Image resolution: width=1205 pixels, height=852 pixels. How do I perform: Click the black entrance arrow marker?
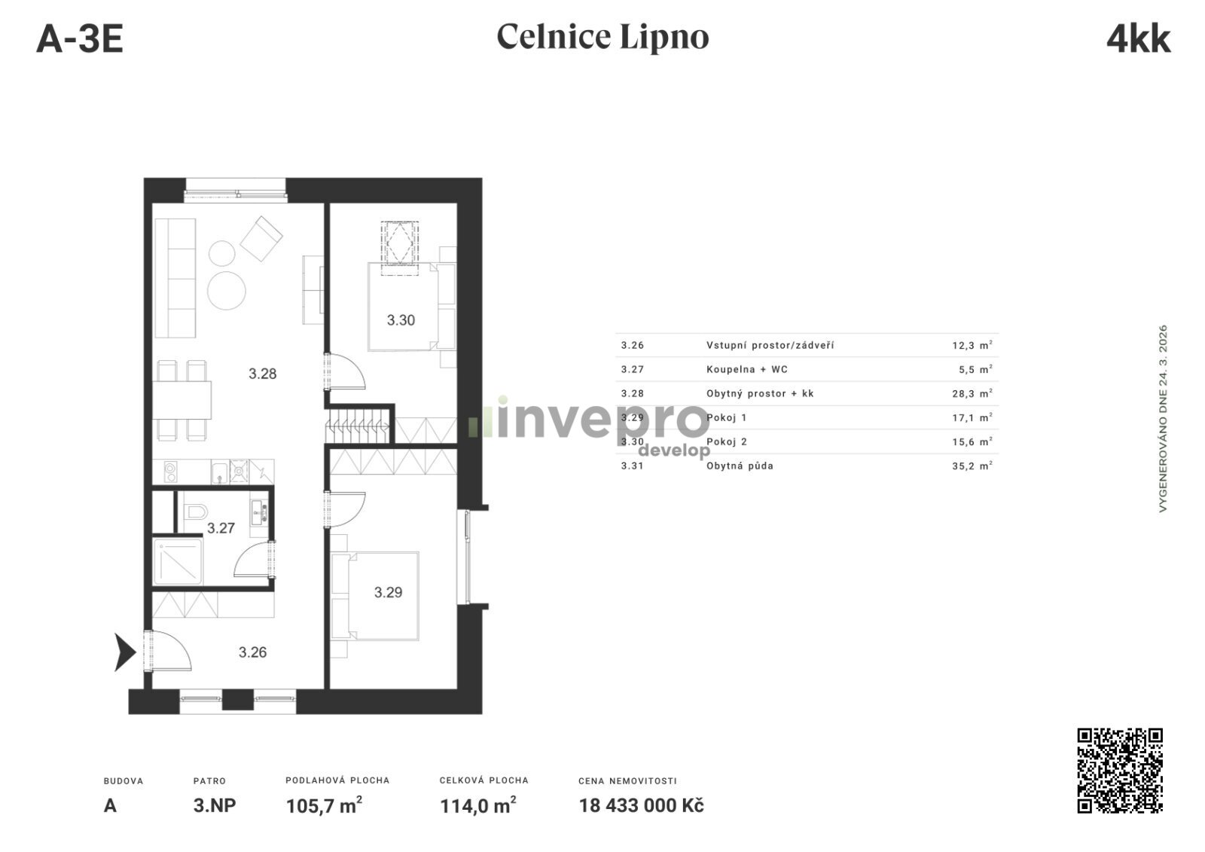pos(124,652)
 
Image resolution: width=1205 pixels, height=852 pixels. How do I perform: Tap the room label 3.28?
pos(263,374)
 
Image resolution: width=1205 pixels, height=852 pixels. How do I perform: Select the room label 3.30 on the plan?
pos(401,320)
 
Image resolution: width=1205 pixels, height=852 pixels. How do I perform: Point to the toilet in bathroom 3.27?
pos(195,512)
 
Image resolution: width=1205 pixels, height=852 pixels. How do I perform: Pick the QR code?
pos(1120,770)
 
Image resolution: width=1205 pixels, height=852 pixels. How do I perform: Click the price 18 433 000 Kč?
pos(641,806)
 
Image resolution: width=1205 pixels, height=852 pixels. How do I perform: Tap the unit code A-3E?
pos(80,39)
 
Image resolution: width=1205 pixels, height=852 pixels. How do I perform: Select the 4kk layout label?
pos(1139,38)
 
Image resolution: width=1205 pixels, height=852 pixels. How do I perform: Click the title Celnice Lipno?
pos(602,37)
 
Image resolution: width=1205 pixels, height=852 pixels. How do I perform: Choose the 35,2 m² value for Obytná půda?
pos(972,466)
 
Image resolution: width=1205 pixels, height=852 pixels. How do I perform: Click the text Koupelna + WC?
pos(746,369)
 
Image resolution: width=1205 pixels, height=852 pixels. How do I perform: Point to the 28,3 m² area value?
pos(972,393)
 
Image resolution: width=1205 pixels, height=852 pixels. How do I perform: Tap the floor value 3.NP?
pos(215,806)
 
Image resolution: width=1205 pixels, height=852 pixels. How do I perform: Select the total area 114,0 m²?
pos(478,806)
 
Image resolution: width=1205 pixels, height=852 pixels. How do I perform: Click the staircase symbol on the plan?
pos(358,426)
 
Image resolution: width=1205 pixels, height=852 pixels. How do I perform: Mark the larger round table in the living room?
pos(227,291)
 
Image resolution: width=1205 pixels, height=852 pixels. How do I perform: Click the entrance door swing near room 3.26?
pos(171,651)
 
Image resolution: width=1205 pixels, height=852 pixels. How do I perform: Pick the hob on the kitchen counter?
pos(170,472)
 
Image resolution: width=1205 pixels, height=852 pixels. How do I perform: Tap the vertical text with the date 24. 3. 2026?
pos(1163,418)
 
